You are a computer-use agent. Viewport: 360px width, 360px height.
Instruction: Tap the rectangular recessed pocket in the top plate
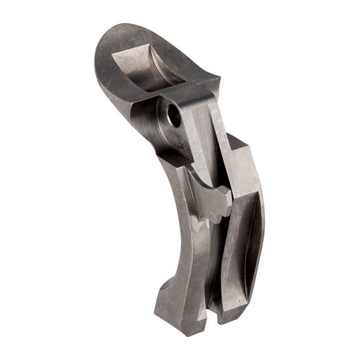click(147, 67)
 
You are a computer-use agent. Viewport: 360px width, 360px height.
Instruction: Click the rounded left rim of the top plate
click(101, 57)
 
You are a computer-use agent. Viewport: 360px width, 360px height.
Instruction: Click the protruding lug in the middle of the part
click(208, 198)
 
